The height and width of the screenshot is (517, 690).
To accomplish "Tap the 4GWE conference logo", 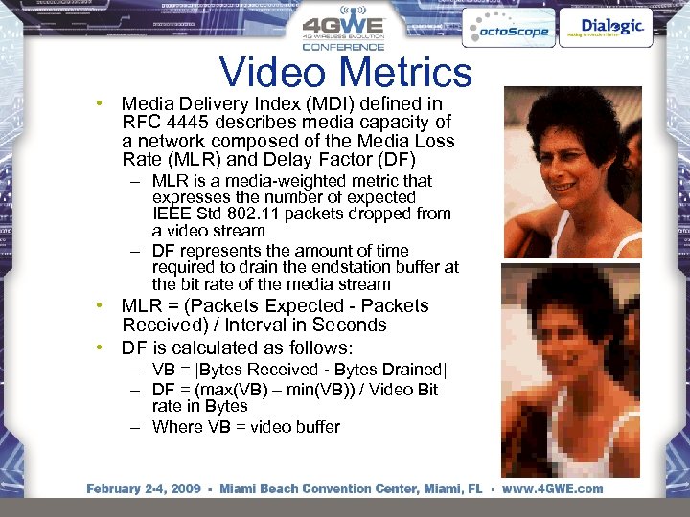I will pos(342,31).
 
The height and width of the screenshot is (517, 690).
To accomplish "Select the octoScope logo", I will pos(507,31).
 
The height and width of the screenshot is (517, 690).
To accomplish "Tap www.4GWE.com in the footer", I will pos(552,488).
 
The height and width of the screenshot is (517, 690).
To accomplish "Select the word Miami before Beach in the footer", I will pos(240,488).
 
